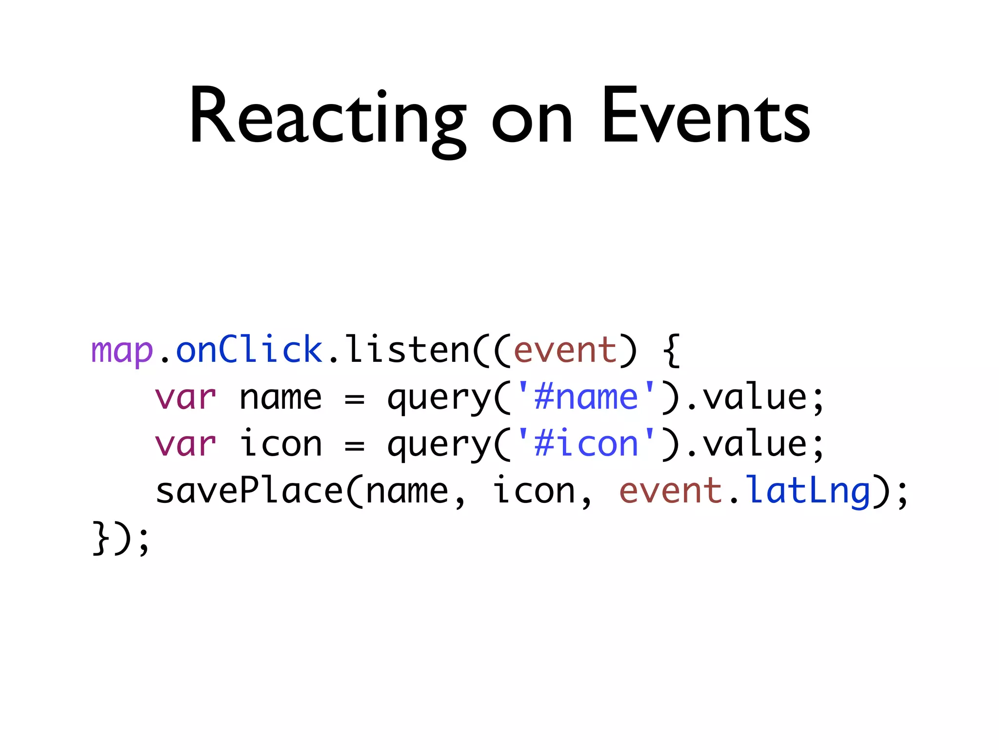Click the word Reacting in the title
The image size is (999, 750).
tap(327, 117)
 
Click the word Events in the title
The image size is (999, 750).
tap(705, 117)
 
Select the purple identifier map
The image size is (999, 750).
tap(122, 351)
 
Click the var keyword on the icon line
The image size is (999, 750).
tap(185, 444)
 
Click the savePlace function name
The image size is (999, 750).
tap(249, 491)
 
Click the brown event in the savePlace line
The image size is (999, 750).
tap(671, 491)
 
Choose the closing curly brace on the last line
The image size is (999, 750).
tap(100, 538)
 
